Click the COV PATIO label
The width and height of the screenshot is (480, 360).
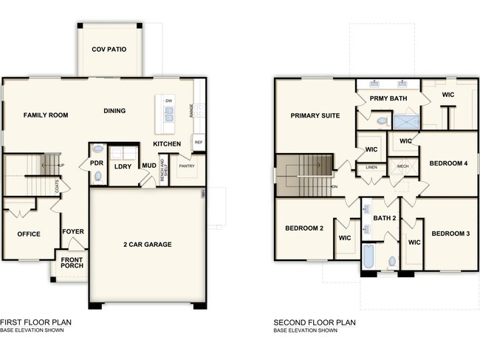(x=109, y=50)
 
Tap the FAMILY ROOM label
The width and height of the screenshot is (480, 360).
(x=45, y=115)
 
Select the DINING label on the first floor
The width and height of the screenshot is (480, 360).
(x=114, y=111)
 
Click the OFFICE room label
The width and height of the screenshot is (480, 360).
(x=28, y=234)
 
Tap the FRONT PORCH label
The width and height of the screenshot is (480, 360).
(x=72, y=263)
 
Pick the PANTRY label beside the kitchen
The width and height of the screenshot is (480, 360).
(x=186, y=166)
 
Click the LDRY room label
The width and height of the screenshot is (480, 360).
(x=123, y=166)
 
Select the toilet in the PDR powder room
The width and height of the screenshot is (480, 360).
(x=98, y=177)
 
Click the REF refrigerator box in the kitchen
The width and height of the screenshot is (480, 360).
(x=198, y=142)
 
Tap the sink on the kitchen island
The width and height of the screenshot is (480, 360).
(x=168, y=115)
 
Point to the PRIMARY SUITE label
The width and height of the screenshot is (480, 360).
(x=315, y=115)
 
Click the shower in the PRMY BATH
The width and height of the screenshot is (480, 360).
(x=405, y=120)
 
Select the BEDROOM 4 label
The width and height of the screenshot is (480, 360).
(x=449, y=163)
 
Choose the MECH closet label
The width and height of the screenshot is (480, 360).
(x=402, y=166)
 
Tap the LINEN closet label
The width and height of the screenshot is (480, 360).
(x=371, y=168)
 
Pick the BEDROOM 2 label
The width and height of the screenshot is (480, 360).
(x=304, y=228)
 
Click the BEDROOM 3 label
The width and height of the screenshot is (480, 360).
(x=450, y=234)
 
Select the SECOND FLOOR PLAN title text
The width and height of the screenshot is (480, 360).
(x=315, y=322)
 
